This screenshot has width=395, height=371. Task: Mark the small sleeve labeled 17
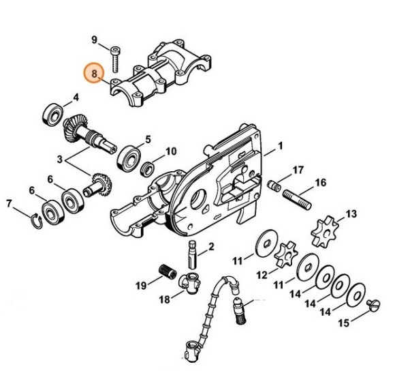pos(274,184)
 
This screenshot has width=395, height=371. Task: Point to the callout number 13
pos(351,214)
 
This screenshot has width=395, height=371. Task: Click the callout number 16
pos(321,183)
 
